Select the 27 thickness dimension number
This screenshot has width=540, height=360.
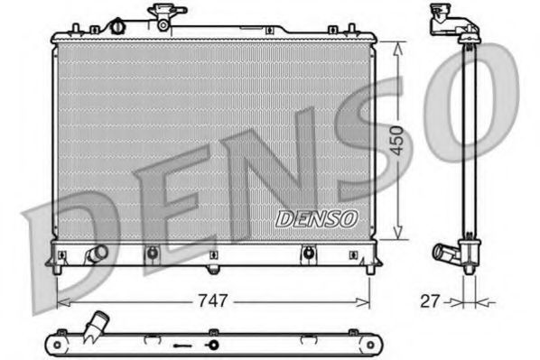coord(430,300)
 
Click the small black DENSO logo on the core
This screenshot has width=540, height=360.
coord(316,217)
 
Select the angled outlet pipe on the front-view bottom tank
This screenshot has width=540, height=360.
coord(97,254)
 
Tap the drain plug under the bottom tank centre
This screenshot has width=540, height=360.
coord(212,269)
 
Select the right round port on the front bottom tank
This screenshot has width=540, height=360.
coord(310,254)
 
